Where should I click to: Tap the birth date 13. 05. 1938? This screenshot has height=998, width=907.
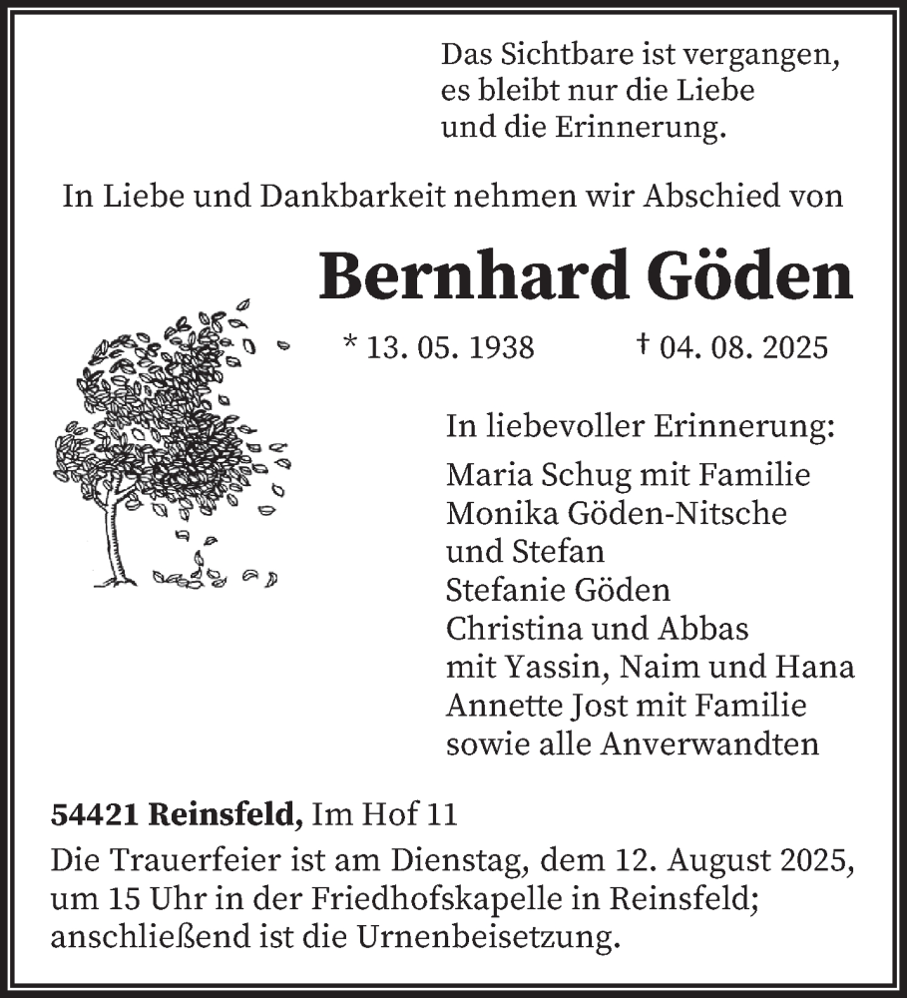tap(449, 347)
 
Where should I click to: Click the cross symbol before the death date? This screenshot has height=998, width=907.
tap(644, 344)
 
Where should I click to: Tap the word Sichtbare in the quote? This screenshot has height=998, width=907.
tap(563, 53)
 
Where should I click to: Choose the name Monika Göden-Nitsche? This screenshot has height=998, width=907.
tap(617, 513)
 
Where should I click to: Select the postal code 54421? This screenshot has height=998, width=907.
tap(96, 815)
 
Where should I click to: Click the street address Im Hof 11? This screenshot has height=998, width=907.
tap(385, 815)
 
